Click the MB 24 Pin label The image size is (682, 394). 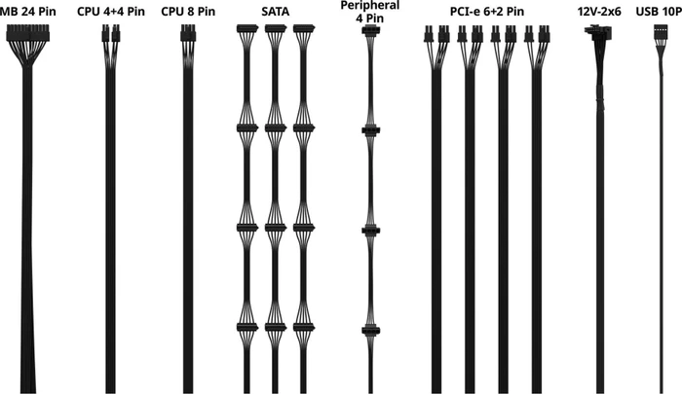click(28, 12)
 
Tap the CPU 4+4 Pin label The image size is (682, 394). click(111, 12)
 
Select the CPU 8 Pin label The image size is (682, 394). click(188, 12)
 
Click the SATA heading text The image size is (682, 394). click(276, 12)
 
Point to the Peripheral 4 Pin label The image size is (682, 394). click(370, 12)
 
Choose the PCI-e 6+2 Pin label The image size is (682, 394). click(487, 12)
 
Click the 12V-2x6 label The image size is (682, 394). click(599, 12)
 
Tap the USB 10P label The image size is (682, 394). click(659, 12)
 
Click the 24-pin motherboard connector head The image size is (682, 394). click(28, 33)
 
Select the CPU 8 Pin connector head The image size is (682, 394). click(188, 33)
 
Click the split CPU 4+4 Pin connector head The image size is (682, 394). click(111, 33)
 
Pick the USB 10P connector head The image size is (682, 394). click(661, 31)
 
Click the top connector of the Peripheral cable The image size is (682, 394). click(370, 30)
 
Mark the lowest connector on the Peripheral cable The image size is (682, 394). click(370, 331)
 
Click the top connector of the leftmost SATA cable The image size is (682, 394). click(247, 28)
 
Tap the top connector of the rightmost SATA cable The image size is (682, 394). click(304, 28)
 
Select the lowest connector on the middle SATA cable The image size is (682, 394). click(276, 327)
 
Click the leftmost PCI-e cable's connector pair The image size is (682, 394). click(436, 34)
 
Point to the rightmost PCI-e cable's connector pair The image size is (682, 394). click(537, 34)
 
